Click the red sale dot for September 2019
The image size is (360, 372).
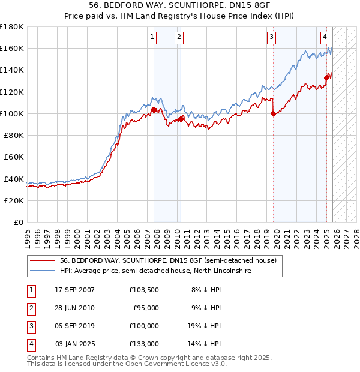pyautogui.click(x=274, y=113)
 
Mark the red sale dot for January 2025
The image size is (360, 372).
pyautogui.click(x=327, y=77)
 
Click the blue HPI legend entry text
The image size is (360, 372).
pyautogui.click(x=155, y=271)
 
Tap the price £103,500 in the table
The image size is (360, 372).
pyautogui.click(x=144, y=290)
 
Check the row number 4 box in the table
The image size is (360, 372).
pyautogui.click(x=29, y=344)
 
